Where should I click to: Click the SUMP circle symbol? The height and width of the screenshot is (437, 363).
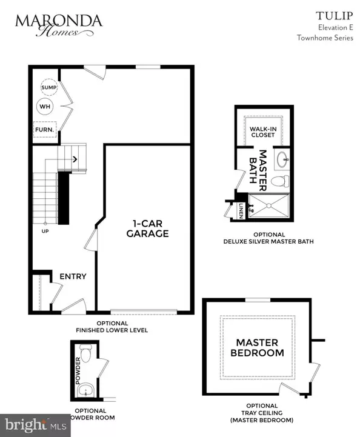pos(48,88)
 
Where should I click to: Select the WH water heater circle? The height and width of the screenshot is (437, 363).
pos(45,107)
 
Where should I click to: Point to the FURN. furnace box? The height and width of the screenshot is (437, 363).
pos(44,130)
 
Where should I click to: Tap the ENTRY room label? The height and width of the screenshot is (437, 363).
pos(73,276)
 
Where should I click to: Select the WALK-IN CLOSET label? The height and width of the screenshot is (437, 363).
pos(262,132)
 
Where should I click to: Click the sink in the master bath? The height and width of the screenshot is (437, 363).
pos(282,161)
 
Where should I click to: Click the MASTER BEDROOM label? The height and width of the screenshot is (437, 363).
pos(260,347)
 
